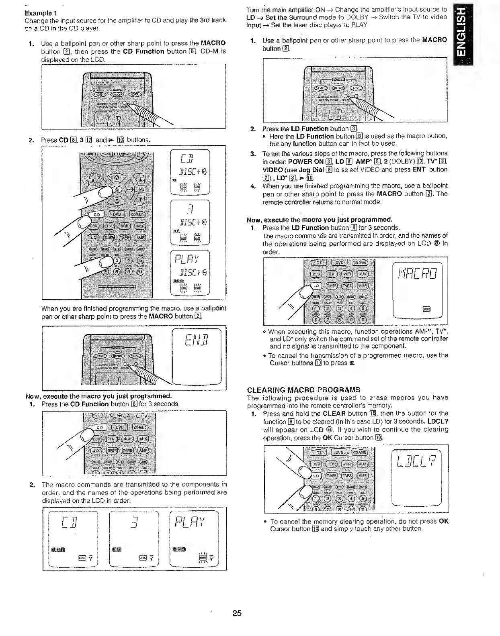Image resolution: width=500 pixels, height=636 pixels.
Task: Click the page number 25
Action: pos(237,613)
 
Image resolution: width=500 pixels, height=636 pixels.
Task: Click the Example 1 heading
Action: pos(41,12)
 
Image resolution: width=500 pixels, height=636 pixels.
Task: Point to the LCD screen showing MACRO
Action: pos(417,289)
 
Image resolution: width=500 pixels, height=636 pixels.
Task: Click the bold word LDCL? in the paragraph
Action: pos(438,421)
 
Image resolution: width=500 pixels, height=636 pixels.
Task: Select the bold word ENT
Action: pos(419,169)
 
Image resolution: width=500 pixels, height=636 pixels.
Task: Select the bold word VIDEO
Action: pos(273,169)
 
